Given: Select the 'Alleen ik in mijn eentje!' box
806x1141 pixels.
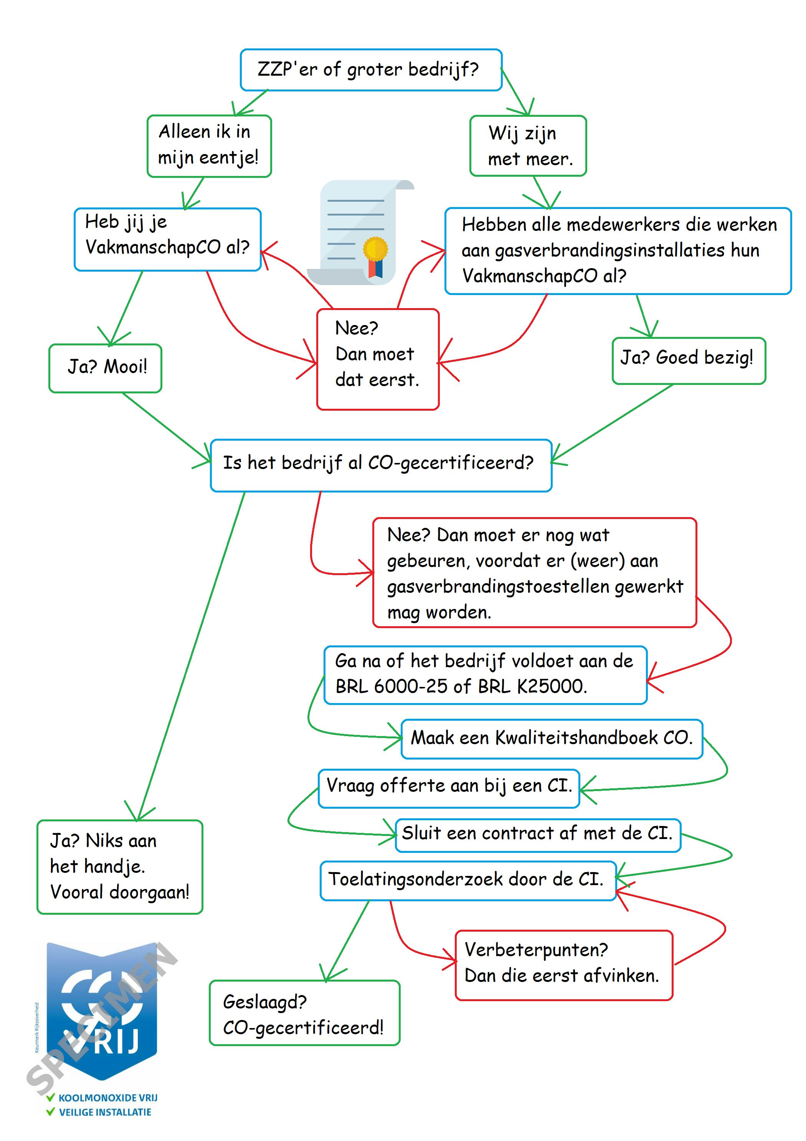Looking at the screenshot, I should (x=209, y=146).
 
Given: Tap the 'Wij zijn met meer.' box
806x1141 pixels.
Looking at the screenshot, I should (x=528, y=146).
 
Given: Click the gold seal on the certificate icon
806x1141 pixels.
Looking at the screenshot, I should (x=375, y=249).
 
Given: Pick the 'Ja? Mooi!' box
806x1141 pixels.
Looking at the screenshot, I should (x=105, y=368).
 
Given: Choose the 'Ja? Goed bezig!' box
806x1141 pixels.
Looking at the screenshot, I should (x=688, y=360).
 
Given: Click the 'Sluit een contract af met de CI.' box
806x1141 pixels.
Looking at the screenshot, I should (x=537, y=833).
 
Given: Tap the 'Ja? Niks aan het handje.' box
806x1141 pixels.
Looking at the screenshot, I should (x=120, y=867).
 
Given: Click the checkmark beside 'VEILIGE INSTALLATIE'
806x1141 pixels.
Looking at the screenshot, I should (x=50, y=1112).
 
